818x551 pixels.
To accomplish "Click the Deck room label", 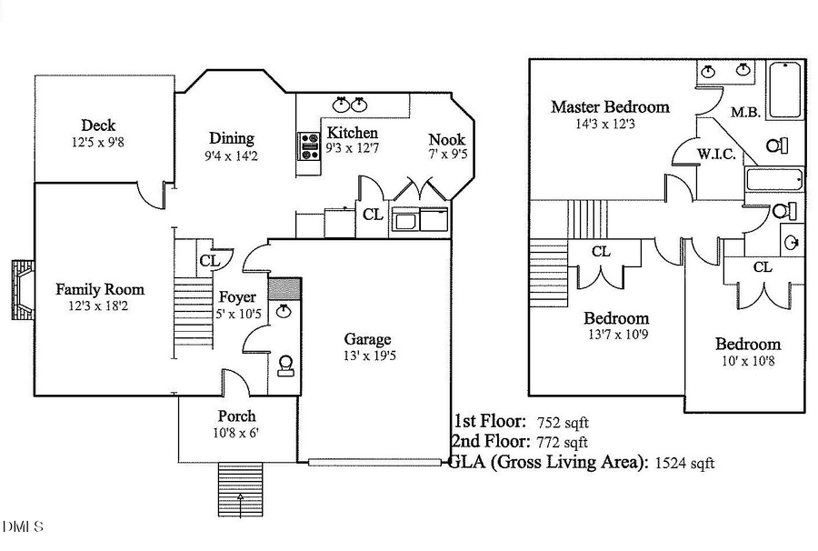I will [x=98, y=125].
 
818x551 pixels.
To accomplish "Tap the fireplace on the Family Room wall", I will [x=22, y=291].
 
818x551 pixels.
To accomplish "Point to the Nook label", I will [x=446, y=139].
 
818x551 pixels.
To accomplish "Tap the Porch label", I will [x=236, y=416].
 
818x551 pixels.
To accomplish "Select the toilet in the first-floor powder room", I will [x=285, y=366].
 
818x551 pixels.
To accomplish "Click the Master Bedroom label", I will [x=610, y=106].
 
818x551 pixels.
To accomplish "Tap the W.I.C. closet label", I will [x=716, y=154].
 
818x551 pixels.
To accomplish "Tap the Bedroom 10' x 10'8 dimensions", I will [x=747, y=360].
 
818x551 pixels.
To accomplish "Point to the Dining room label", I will [x=232, y=138].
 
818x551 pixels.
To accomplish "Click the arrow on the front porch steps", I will [x=241, y=497].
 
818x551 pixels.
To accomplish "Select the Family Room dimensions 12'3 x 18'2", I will [x=100, y=306].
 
